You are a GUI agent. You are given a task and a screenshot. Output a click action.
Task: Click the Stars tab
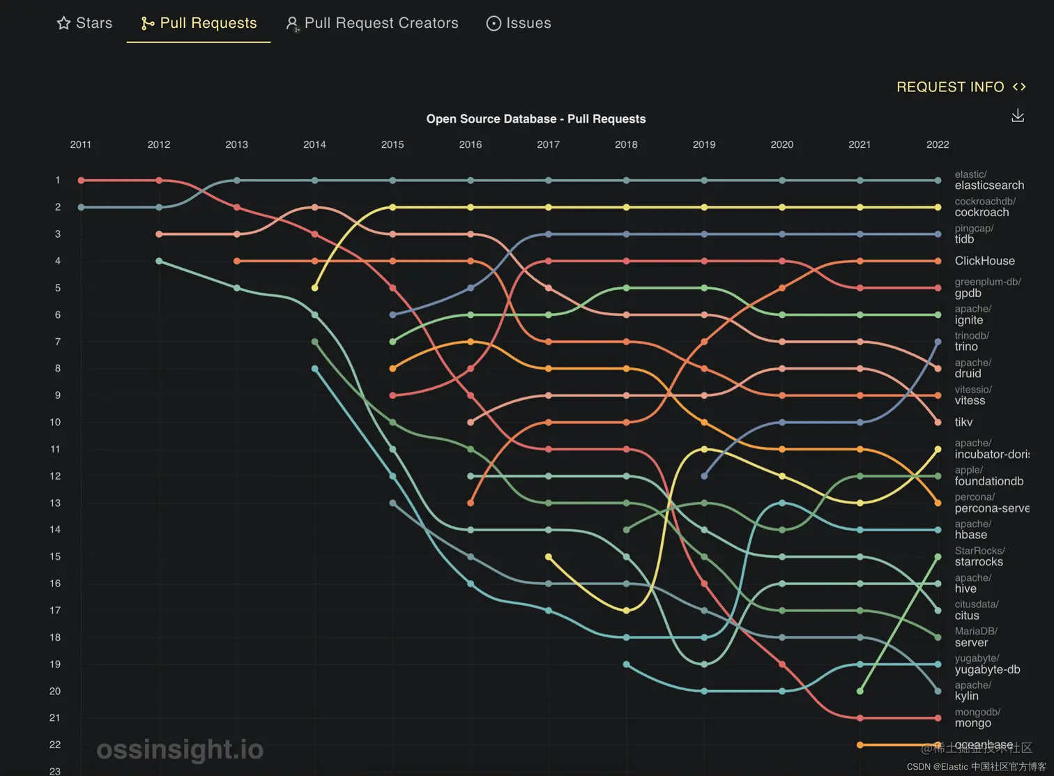[x=84, y=23]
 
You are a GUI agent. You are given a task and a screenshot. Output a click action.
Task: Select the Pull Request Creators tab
[x=372, y=23]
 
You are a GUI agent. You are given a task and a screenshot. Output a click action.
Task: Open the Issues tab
[x=519, y=23]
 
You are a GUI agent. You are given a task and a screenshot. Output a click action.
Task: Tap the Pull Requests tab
[x=199, y=23]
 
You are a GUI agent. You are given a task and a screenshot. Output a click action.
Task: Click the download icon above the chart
[x=1018, y=116]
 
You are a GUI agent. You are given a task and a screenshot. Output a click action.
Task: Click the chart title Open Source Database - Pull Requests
[x=535, y=119]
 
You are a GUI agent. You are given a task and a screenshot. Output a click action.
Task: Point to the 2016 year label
[x=471, y=144]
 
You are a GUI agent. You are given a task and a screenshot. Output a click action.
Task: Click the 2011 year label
[x=81, y=144]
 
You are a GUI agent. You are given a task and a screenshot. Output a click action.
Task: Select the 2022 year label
[x=938, y=144]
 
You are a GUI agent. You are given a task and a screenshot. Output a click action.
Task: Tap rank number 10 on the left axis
[x=56, y=423]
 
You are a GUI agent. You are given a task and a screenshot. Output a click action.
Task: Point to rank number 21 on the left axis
[x=55, y=718]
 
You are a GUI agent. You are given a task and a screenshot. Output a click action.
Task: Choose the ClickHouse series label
[x=984, y=261]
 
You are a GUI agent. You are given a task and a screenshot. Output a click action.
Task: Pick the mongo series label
[x=972, y=723]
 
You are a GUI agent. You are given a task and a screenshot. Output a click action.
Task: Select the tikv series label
[x=963, y=423]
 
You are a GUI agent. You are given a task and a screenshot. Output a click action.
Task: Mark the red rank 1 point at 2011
[x=82, y=181]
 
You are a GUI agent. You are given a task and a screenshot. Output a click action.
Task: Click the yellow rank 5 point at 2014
[x=315, y=288]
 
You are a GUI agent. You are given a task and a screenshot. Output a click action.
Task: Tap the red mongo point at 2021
[x=860, y=718]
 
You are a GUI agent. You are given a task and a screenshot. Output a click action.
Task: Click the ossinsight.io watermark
[x=180, y=750]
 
